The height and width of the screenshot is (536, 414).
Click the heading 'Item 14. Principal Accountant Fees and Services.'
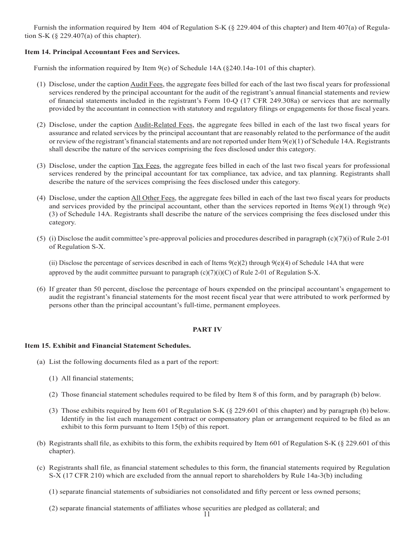tap(102, 52)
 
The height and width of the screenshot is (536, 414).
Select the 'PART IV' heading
tap(207, 329)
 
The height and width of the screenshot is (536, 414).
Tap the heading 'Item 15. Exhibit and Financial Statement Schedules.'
tap(108, 346)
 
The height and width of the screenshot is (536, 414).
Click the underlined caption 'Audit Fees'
tap(146, 84)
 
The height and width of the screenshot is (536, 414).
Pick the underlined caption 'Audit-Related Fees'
tap(163, 125)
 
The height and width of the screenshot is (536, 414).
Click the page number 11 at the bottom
tap(207, 514)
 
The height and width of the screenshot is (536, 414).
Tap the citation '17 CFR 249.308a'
tap(268, 101)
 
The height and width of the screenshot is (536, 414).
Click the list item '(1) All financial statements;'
tap(91, 378)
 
